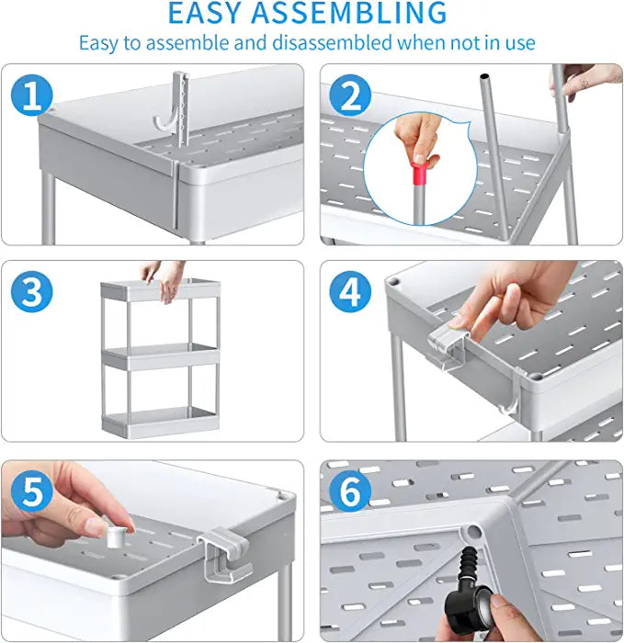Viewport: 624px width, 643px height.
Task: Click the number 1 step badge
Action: [x=31, y=96]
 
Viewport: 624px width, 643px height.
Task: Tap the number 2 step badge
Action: [x=350, y=96]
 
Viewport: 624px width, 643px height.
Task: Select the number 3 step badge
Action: [x=31, y=291]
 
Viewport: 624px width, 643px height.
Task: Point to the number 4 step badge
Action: [x=350, y=291]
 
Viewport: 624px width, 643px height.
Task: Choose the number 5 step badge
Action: [x=31, y=491]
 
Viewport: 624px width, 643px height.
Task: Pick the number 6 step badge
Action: [x=350, y=491]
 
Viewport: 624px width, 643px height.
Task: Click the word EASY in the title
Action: [x=204, y=13]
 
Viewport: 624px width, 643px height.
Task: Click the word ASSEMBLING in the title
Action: [x=348, y=13]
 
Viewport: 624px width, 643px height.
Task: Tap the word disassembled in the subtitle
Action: [x=333, y=43]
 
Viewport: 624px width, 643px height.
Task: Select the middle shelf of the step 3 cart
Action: [x=161, y=356]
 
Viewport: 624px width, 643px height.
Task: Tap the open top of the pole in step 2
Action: [x=484, y=76]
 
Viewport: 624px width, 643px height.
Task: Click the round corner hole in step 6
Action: [x=473, y=532]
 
